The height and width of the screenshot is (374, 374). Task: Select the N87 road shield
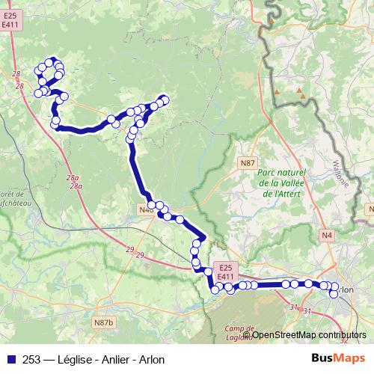coord(248,162)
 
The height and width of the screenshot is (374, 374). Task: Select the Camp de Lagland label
coord(237,333)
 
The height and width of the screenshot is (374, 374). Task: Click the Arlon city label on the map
coord(346,289)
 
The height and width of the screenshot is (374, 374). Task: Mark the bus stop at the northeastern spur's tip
coord(165,99)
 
